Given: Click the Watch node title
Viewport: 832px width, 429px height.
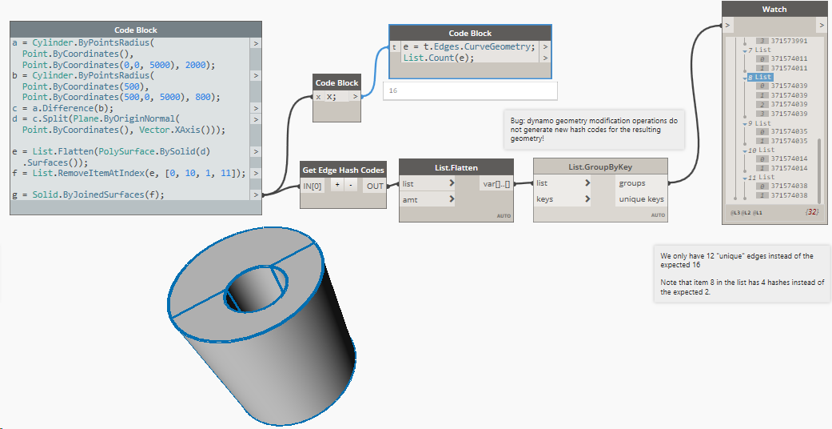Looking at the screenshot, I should pos(774,10).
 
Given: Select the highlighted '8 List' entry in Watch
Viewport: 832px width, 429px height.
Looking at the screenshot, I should pos(762,77).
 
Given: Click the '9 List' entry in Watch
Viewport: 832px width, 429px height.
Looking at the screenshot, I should pos(762,123).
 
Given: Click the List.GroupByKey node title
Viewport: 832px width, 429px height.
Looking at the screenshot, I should pos(599,166).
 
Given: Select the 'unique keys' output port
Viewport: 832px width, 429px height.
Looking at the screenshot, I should pos(640,198).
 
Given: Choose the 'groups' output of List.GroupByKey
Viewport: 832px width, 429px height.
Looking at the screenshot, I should pos(632,183).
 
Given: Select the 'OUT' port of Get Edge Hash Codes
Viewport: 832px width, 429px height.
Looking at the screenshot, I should pos(374,186).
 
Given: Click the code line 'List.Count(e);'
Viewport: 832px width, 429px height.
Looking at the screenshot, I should pos(432,58).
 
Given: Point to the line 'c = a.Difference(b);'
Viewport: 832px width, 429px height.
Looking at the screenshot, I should pos(63,107).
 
